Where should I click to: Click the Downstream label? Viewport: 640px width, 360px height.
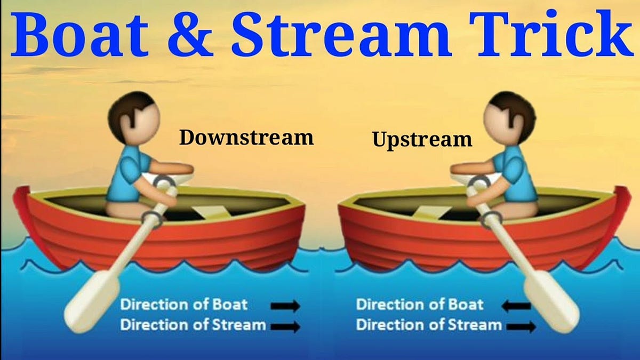click(x=246, y=138)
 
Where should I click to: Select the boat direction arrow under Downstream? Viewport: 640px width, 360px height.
click(x=285, y=306)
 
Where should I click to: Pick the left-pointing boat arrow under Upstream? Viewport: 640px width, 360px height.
click(x=517, y=306)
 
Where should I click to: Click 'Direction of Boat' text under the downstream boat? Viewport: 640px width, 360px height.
click(x=184, y=305)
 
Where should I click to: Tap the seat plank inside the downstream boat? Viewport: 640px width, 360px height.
click(x=211, y=210)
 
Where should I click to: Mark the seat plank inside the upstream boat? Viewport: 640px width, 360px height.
click(x=430, y=210)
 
